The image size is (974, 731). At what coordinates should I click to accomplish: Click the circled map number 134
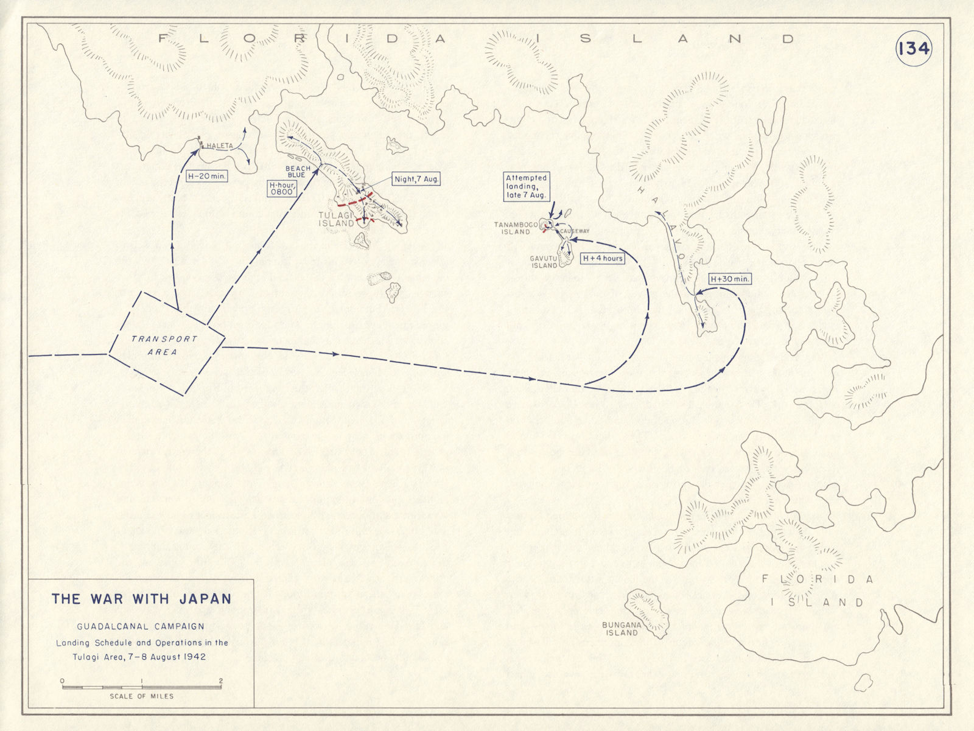click(914, 48)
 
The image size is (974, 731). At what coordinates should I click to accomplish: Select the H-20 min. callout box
click(207, 176)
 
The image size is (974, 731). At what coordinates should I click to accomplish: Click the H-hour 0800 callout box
click(281, 188)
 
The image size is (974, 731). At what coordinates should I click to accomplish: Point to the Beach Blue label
click(298, 172)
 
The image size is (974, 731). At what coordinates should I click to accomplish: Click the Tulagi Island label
click(336, 219)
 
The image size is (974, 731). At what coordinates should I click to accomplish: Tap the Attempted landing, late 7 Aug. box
click(527, 187)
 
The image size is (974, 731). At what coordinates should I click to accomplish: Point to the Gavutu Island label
click(544, 262)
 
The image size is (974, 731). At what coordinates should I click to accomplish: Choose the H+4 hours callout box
click(603, 258)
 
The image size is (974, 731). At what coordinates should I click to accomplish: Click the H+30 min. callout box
click(730, 279)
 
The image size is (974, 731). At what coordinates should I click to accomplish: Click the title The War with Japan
click(141, 598)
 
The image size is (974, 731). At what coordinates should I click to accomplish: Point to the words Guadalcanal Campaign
click(141, 626)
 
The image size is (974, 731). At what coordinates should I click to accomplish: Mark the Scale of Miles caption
click(141, 696)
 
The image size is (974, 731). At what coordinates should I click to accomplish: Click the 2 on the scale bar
click(221, 681)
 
